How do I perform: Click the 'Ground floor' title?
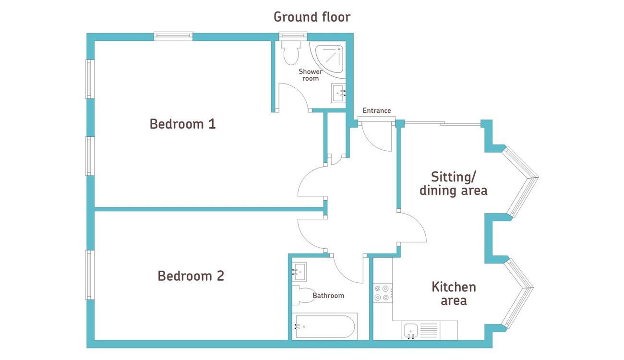[312, 17]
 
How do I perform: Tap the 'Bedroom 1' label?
[183, 124]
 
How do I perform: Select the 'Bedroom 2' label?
[191, 276]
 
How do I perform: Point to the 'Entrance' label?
[377, 110]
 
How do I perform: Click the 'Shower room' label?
[311, 75]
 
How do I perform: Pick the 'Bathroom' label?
[328, 296]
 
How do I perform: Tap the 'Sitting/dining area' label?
[454, 184]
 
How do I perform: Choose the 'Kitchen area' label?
[454, 294]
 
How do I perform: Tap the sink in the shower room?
[338, 93]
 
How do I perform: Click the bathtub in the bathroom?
[324, 326]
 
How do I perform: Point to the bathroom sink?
[299, 272]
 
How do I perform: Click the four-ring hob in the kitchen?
[382, 293]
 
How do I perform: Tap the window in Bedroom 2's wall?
[90, 275]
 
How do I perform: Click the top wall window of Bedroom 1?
[173, 36]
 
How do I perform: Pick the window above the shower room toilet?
[293, 36]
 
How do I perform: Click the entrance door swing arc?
[373, 143]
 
